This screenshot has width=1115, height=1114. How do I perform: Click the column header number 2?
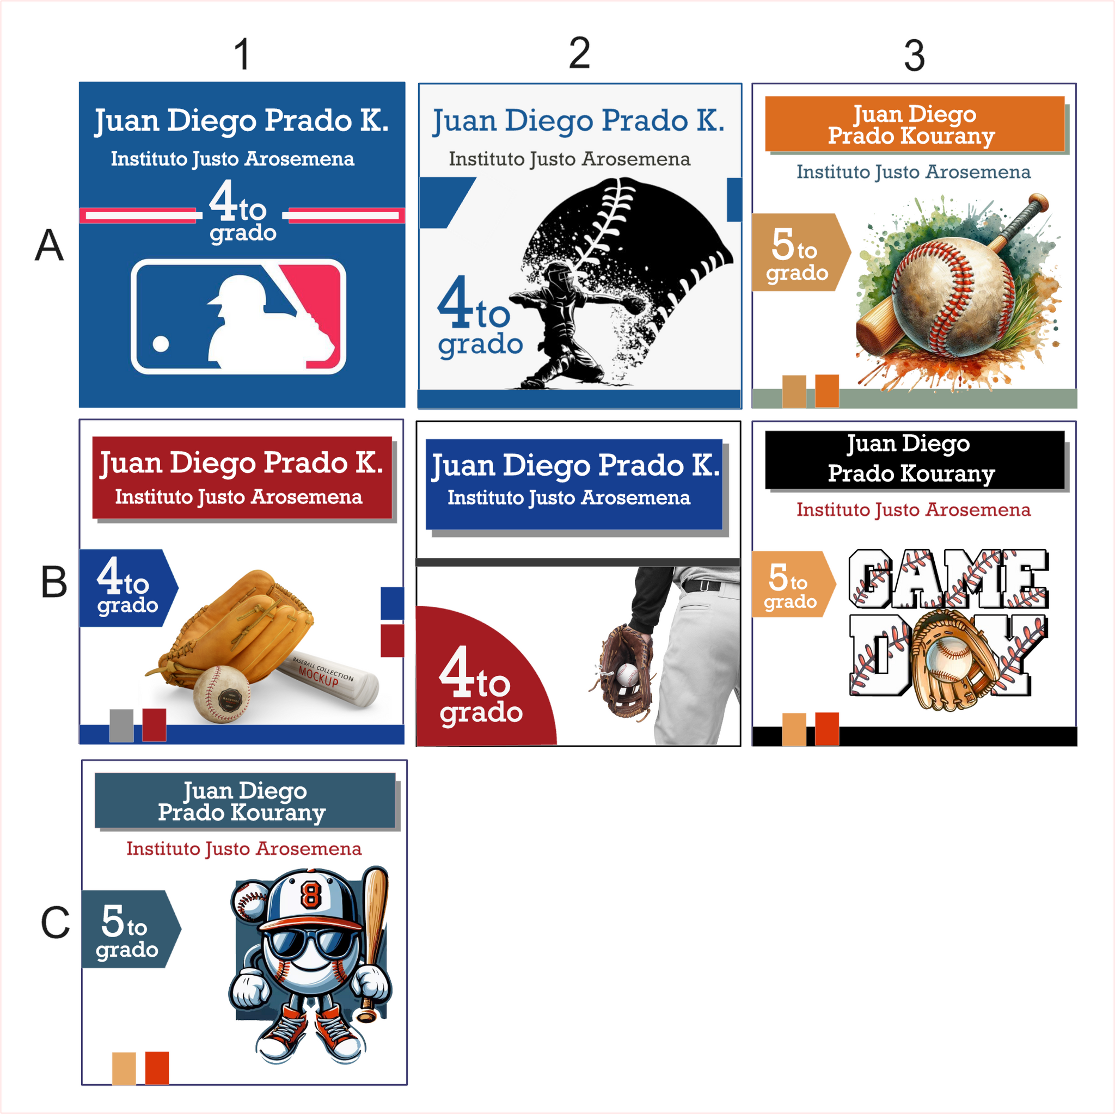(x=579, y=53)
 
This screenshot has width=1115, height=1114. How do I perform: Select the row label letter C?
(x=55, y=922)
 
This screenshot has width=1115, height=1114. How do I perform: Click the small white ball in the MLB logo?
(x=161, y=344)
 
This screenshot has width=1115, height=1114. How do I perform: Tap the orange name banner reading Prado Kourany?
(x=914, y=124)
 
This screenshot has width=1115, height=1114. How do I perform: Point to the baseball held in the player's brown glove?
(x=628, y=674)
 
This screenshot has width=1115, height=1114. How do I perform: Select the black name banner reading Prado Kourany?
(x=914, y=460)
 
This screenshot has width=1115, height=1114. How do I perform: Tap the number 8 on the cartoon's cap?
(x=310, y=895)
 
